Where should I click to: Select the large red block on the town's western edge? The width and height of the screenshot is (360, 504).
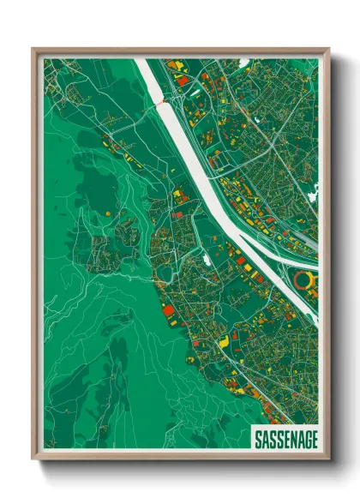pyautogui.click(x=168, y=310)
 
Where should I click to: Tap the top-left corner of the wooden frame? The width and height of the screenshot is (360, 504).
pyautogui.click(x=33, y=50)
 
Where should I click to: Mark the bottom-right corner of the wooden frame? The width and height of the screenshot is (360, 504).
pyautogui.click(x=327, y=459)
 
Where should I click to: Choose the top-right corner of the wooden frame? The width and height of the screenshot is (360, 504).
pyautogui.click(x=327, y=50)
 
